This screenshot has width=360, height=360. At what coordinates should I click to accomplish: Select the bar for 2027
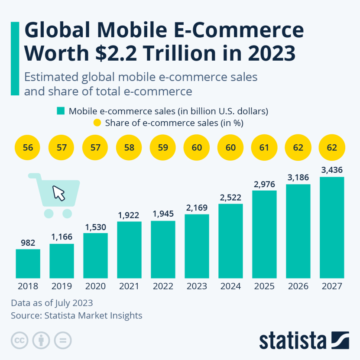tap(332, 227)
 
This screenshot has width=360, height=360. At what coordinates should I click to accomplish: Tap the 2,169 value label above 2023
tap(197, 207)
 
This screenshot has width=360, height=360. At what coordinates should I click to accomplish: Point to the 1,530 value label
tap(95, 227)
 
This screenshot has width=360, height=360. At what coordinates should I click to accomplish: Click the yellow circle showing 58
tap(129, 147)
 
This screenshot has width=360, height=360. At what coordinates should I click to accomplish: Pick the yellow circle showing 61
tap(264, 147)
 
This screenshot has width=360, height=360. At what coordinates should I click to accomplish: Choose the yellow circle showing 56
tap(28, 147)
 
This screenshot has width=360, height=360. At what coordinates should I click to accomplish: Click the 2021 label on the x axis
tap(129, 286)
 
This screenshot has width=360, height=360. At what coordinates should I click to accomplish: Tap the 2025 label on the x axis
tap(264, 286)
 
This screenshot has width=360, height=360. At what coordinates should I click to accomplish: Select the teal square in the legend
tap(61, 111)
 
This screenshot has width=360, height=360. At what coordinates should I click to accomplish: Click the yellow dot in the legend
tap(97, 123)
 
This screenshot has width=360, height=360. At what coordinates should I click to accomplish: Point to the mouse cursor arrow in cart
tap(59, 193)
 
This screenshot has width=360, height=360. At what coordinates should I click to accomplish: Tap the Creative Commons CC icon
tap(19, 340)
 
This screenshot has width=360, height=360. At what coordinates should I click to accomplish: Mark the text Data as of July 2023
tap(52, 302)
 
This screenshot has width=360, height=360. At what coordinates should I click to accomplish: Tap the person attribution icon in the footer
tap(41, 340)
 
